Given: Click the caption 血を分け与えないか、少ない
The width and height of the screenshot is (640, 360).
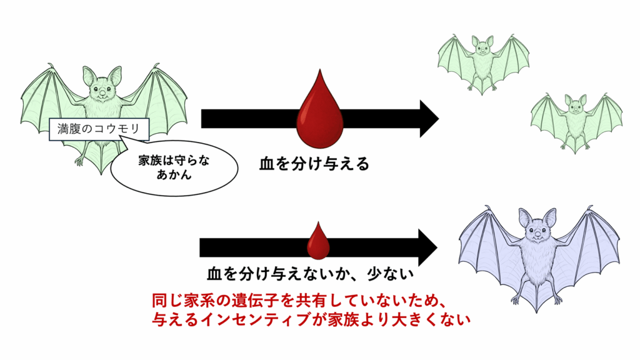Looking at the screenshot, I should (x=311, y=274).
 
